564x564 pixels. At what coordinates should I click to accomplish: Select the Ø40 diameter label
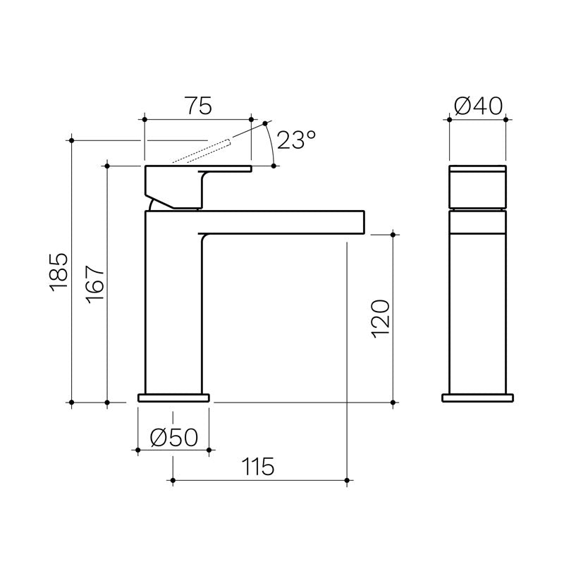478,106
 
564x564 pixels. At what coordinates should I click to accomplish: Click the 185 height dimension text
59,271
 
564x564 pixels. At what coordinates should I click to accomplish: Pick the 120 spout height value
379,319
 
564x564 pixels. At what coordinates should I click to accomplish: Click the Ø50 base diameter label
173,438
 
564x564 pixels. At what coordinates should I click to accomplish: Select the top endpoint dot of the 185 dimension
73,140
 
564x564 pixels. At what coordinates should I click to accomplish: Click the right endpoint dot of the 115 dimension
347,482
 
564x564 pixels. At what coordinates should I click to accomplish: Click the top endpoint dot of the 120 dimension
393,233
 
